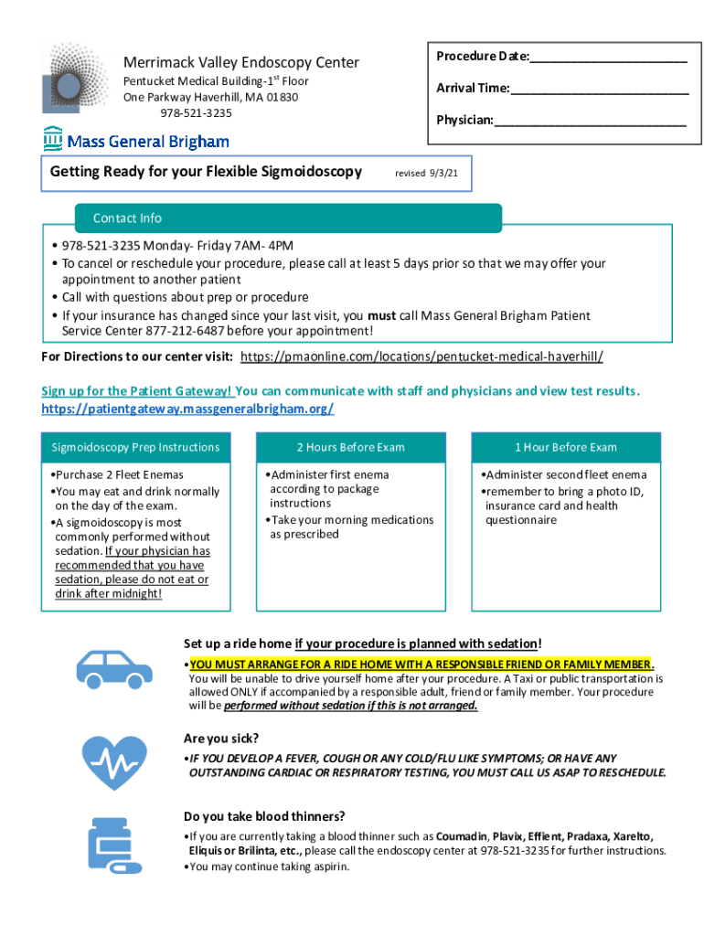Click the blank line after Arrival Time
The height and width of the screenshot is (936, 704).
[600, 89]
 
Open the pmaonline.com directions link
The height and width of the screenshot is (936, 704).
[421, 356]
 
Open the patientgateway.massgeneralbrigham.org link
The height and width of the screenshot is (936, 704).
[187, 409]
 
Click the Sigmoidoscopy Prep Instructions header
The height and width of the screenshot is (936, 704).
[135, 448]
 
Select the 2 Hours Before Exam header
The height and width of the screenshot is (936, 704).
[350, 448]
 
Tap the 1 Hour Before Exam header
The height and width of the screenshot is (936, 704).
[565, 448]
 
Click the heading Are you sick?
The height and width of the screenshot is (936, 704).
[221, 738]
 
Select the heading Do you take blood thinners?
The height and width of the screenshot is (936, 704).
[264, 816]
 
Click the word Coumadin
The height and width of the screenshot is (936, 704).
[462, 836]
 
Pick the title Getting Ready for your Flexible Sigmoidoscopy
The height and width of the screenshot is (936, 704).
[206, 172]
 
